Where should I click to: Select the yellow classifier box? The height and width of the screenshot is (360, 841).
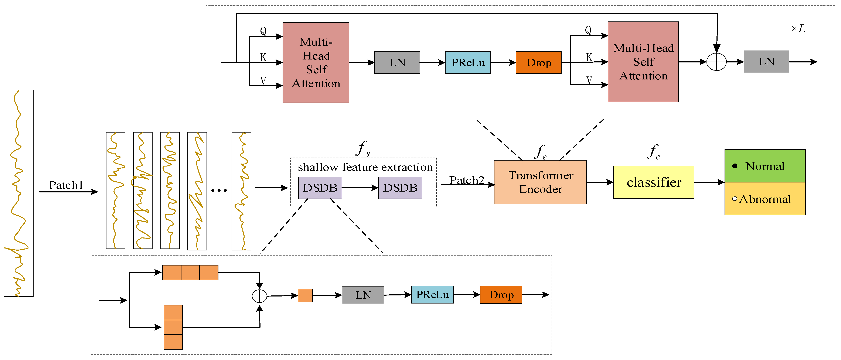coord(653,182)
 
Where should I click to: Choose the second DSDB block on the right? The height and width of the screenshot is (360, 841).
coord(400,188)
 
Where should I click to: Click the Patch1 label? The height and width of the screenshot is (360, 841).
coord(66,185)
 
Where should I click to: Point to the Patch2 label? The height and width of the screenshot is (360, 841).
coord(467,180)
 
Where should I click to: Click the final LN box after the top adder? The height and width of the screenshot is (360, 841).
coord(766,62)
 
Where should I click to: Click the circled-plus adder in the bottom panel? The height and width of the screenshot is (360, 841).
coord(260,296)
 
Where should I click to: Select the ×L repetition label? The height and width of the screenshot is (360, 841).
coord(798,29)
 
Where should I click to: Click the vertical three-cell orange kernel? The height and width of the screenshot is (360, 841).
coord(173,327)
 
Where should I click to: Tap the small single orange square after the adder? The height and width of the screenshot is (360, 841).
coord(305,295)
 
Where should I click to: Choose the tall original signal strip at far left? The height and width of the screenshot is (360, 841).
coord(19,193)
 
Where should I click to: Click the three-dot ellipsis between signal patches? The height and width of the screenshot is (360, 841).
coord(219,190)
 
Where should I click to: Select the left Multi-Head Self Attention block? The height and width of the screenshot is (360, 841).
coord(316,63)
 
